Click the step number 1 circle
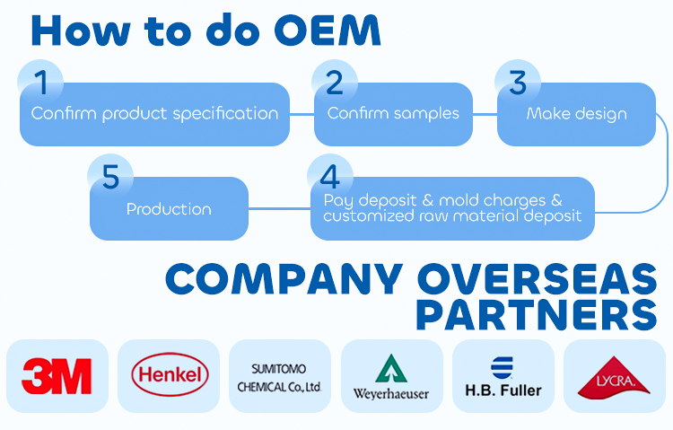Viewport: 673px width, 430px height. (x=41, y=83)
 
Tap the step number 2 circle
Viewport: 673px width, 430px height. (x=335, y=83)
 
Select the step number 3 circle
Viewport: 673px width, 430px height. (x=518, y=83)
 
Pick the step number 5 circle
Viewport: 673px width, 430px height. (x=110, y=176)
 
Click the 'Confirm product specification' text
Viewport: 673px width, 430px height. (x=154, y=114)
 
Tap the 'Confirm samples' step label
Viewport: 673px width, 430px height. (x=393, y=114)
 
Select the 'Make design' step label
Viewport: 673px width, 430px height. (x=576, y=114)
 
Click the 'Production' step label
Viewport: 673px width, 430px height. (x=169, y=209)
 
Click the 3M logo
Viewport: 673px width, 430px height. (x=57, y=376)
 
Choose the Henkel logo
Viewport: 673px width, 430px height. (x=169, y=376)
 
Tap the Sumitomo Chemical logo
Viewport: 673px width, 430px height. (x=279, y=376)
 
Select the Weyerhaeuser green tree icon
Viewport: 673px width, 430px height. (x=391, y=367)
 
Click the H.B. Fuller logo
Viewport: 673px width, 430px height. (x=503, y=376)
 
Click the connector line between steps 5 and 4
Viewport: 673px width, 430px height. (x=279, y=209)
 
